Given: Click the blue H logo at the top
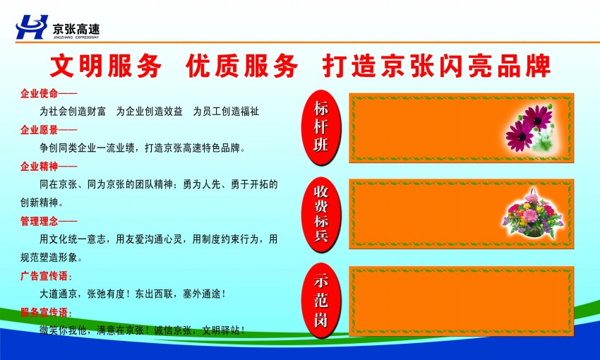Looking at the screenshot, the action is tap(32, 27).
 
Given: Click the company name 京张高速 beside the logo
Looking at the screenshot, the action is tap(76, 29).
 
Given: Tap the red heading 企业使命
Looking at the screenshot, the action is tap(39, 93).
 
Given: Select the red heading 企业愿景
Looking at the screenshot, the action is tap(39, 130).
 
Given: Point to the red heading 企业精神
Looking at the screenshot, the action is tap(39, 167).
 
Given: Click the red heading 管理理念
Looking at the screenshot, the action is tap(39, 221).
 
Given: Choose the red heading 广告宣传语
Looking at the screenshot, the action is tap(44, 276).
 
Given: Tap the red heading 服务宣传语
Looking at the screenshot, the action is tap(44, 313).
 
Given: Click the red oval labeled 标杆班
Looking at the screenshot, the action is tap(321, 127).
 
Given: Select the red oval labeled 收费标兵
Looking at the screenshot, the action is tap(321, 215).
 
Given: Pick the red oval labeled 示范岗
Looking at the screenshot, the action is tap(321, 301).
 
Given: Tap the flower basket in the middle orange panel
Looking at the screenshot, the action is tap(533, 213).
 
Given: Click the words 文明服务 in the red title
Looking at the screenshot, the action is tap(106, 66).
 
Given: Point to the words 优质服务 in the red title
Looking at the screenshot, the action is tap(242, 66).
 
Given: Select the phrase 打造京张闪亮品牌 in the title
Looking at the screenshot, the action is tap(437, 66).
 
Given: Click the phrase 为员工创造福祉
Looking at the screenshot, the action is tap(226, 112).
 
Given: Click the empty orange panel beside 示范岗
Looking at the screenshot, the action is tap(461, 301).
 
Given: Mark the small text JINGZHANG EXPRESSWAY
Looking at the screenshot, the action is tap(76, 37).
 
